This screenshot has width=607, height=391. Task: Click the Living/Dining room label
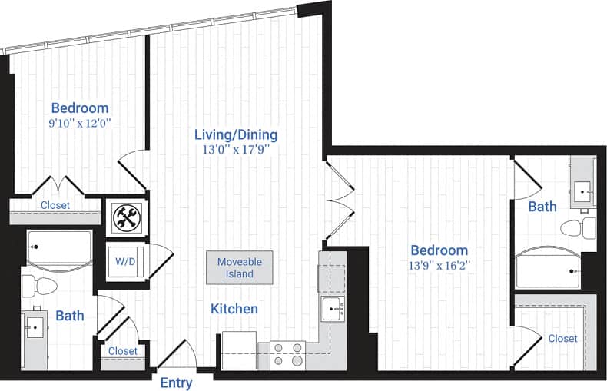[235, 135]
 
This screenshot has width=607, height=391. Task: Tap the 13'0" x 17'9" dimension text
[235, 151]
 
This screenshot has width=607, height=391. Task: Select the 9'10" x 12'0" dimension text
[79, 123]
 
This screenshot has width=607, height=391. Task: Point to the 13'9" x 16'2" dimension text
[439, 266]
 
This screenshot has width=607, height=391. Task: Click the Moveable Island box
[239, 267]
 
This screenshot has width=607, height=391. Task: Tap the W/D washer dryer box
[125, 261]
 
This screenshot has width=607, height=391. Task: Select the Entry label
[176, 383]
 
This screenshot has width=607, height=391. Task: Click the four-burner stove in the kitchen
[288, 356]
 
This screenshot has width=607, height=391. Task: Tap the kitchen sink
[333, 310]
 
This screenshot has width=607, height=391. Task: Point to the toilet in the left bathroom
[40, 286]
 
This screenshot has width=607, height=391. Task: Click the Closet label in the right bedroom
[562, 338]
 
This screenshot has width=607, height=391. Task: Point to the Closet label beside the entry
[123, 351]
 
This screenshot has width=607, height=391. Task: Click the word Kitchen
[234, 309]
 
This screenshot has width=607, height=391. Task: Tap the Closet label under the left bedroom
[55, 205]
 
